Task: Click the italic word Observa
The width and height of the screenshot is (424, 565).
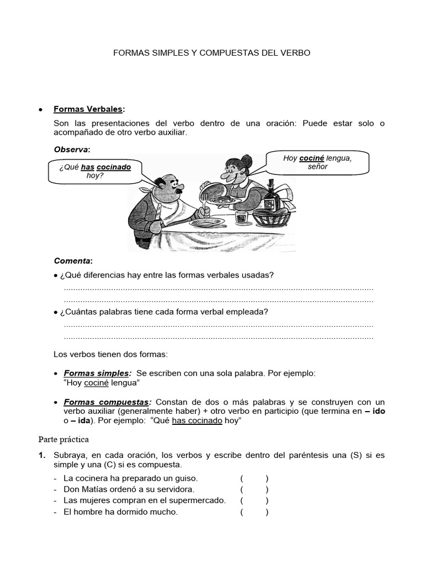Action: pyautogui.click(x=71, y=150)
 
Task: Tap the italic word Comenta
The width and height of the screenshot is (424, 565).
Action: pyautogui.click(x=72, y=260)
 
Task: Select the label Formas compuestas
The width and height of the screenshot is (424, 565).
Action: pyautogui.click(x=106, y=402)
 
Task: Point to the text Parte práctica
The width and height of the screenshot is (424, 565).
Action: pyautogui.click(x=63, y=440)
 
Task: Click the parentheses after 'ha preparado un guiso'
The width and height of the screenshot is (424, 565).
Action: pyautogui.click(x=254, y=478)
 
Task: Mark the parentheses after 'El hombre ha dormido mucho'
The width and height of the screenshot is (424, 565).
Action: pyautogui.click(x=254, y=511)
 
